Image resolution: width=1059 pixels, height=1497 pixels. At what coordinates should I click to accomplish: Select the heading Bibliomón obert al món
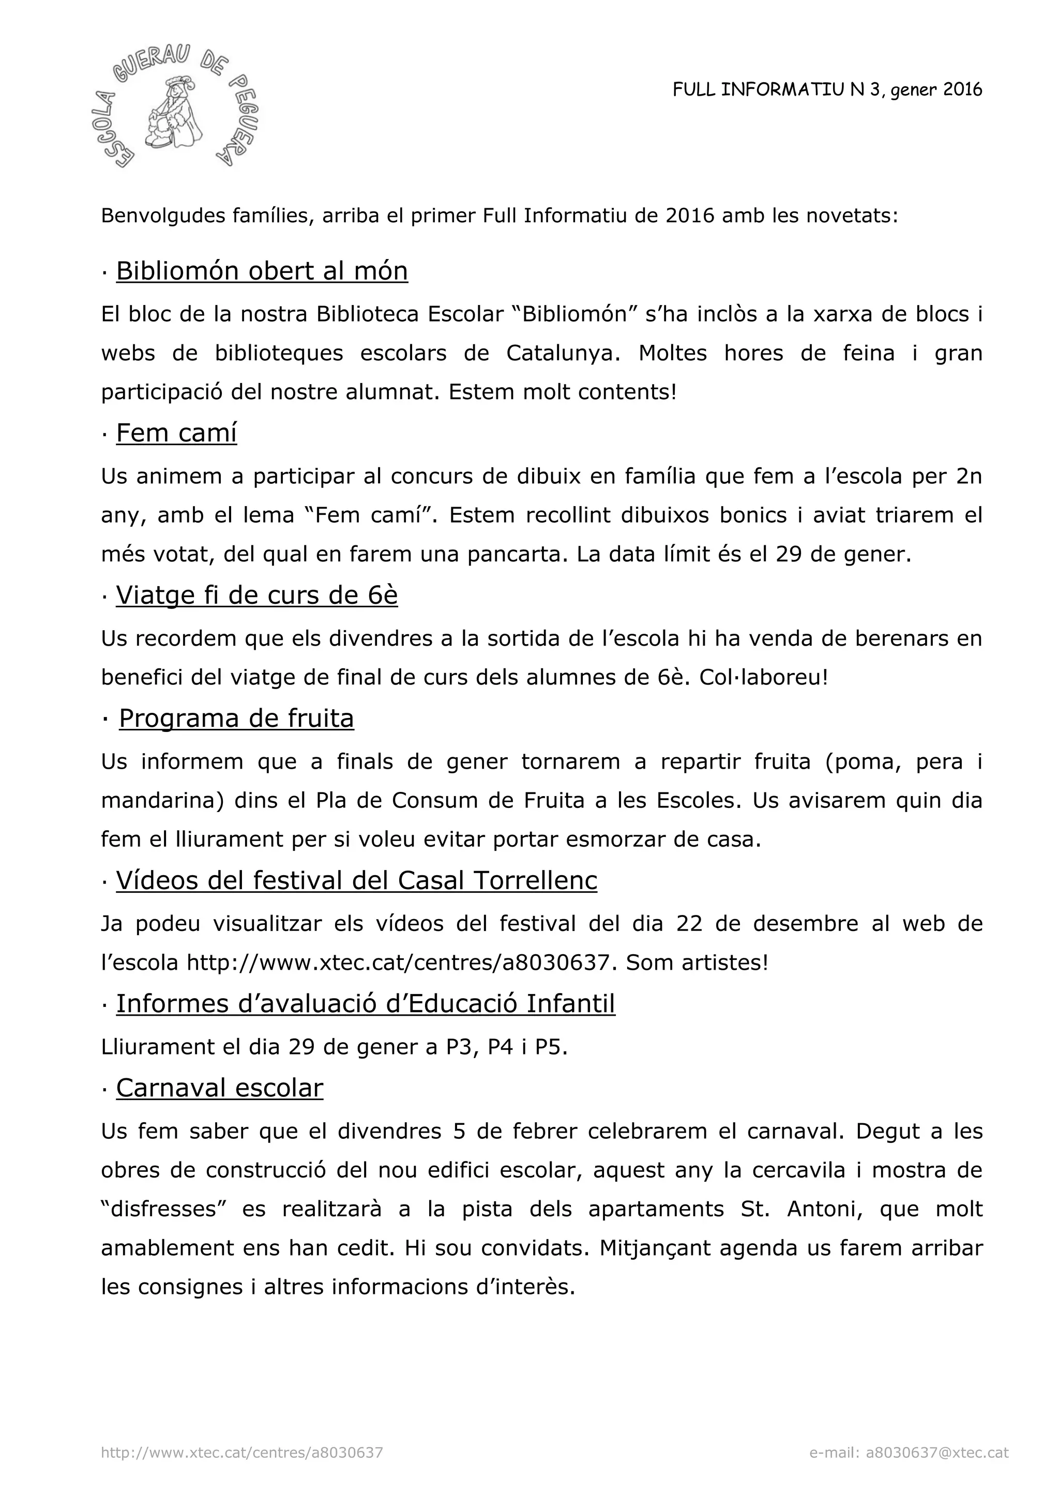(262, 270)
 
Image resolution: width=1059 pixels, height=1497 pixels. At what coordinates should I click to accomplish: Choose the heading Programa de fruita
(236, 719)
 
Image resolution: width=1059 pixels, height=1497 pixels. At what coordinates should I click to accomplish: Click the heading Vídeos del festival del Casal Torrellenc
(356, 880)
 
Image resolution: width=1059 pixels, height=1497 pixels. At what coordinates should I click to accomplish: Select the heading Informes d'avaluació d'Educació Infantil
(365, 1004)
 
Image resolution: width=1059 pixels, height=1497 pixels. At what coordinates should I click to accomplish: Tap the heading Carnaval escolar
(219, 1088)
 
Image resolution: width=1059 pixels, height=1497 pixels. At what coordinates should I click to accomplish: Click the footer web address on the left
(242, 1453)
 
